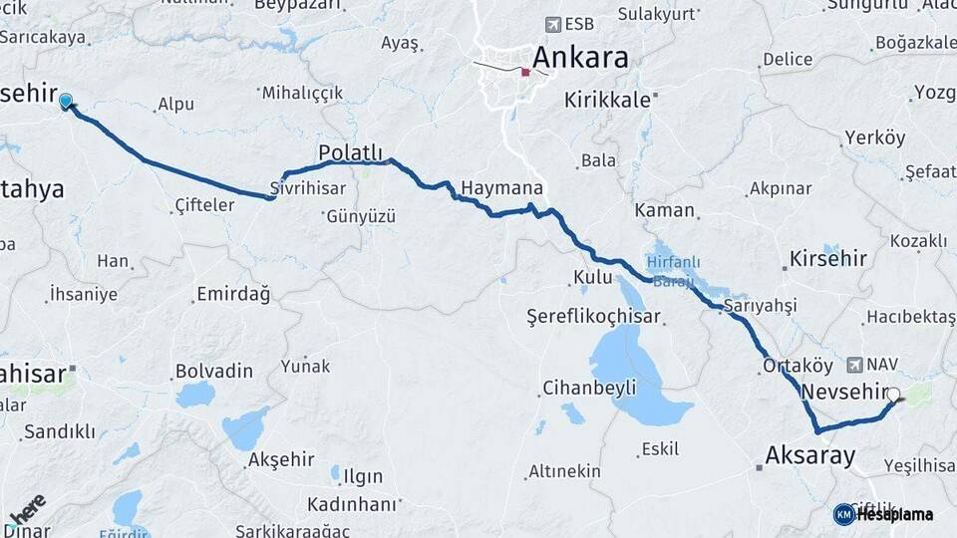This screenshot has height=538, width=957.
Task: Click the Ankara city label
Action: tap(581, 57)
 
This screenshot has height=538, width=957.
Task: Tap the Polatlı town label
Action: tap(350, 152)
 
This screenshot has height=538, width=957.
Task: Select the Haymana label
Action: tap(501, 187)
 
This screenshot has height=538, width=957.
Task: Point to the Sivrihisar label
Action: tap(308, 188)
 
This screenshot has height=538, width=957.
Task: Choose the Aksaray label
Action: tap(809, 456)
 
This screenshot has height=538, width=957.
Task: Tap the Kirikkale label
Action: tap(607, 100)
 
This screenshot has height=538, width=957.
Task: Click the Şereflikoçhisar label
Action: tap(594, 316)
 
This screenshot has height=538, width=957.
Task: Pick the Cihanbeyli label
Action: tap(589, 388)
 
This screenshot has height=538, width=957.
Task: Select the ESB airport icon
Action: tap(553, 24)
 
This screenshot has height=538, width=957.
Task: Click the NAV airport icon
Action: tap(854, 365)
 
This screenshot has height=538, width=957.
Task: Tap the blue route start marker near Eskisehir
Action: tap(66, 101)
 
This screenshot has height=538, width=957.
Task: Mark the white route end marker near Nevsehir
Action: tap(892, 395)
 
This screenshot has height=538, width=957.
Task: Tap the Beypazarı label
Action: tap(297, 5)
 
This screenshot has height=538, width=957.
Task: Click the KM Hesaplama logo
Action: tap(883, 514)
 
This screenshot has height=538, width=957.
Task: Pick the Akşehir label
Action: tap(282, 459)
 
